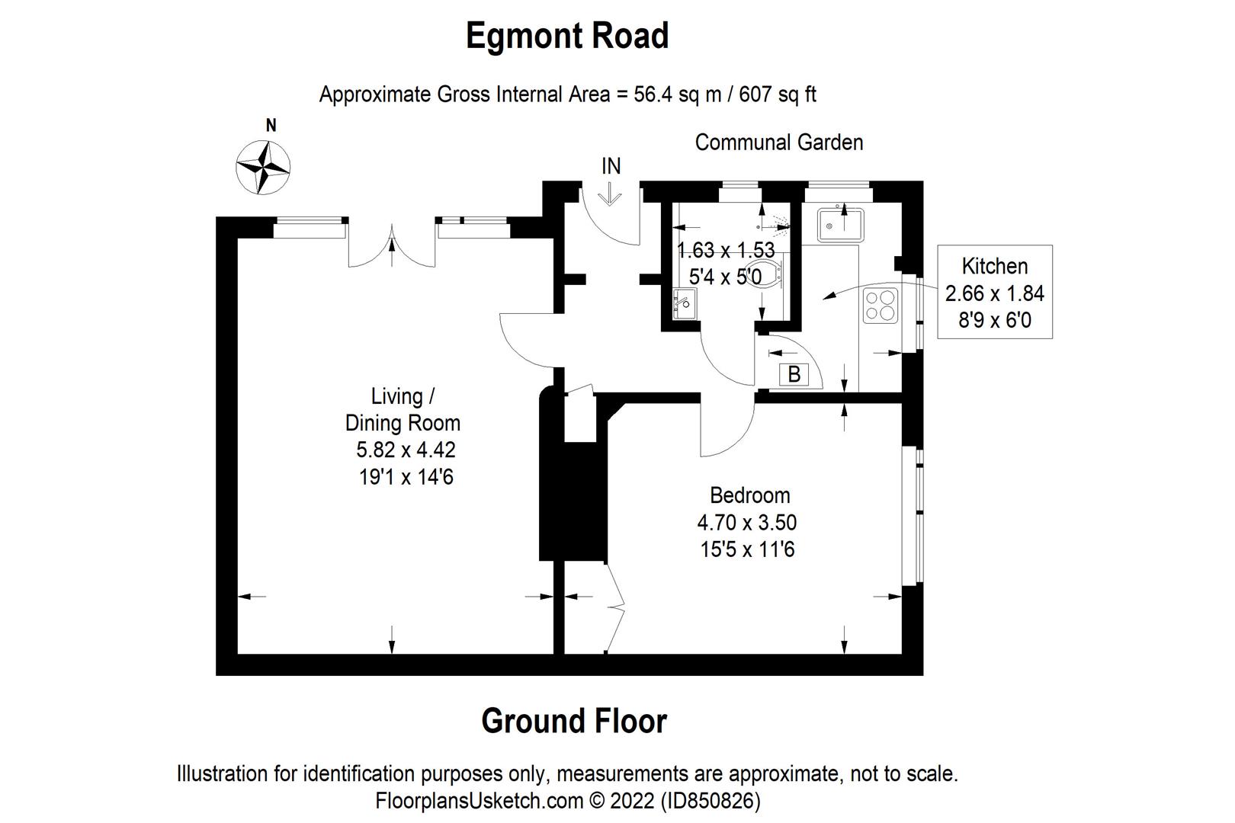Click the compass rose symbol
pos(263,168)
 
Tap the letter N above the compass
pos(271,126)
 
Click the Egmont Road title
pos(566,36)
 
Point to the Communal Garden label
pos(778,143)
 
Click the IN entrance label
pos(611,166)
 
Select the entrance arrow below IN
pos(610,194)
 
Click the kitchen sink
pos(841,225)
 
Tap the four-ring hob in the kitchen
pos(880,306)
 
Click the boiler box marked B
pos(794,374)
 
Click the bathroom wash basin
pos(685,303)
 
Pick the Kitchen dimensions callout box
pos(995,292)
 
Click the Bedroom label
pos(750,495)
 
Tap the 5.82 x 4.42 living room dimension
pos(406,450)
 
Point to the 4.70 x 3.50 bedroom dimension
pos(747,522)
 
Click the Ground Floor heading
pos(574,720)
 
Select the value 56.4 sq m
pos(678,94)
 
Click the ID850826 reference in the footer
pos(711,800)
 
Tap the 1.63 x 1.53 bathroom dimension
pos(726,251)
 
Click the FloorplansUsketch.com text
pos(479,800)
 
